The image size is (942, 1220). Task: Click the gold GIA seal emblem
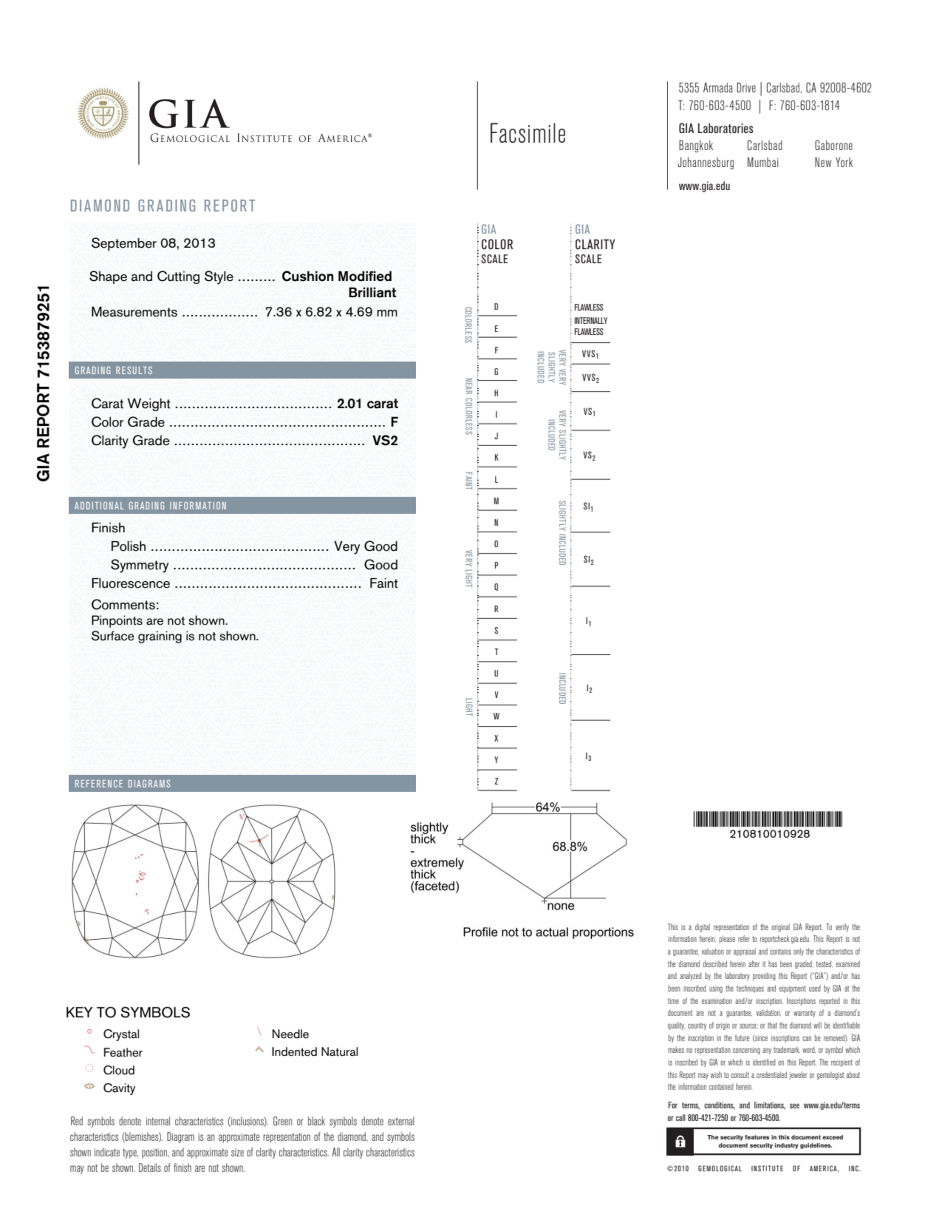click(103, 114)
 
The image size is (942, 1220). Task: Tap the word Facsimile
click(527, 134)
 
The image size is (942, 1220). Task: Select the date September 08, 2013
click(153, 243)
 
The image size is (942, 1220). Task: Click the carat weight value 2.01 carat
click(367, 403)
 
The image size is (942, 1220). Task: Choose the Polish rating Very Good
click(365, 546)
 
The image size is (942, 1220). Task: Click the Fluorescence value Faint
click(383, 583)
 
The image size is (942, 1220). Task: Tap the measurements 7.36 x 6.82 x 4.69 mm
click(331, 312)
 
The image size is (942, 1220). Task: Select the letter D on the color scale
click(496, 307)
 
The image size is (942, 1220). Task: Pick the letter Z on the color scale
click(496, 781)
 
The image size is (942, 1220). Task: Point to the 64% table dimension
click(547, 807)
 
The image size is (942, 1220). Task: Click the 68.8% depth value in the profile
click(570, 847)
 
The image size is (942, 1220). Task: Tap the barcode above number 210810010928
click(767, 819)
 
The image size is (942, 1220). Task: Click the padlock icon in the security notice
click(680, 1141)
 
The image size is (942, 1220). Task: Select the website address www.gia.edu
click(704, 187)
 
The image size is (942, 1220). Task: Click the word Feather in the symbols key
click(122, 1052)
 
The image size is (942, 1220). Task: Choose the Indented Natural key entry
click(314, 1052)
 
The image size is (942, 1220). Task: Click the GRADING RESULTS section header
click(114, 370)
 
